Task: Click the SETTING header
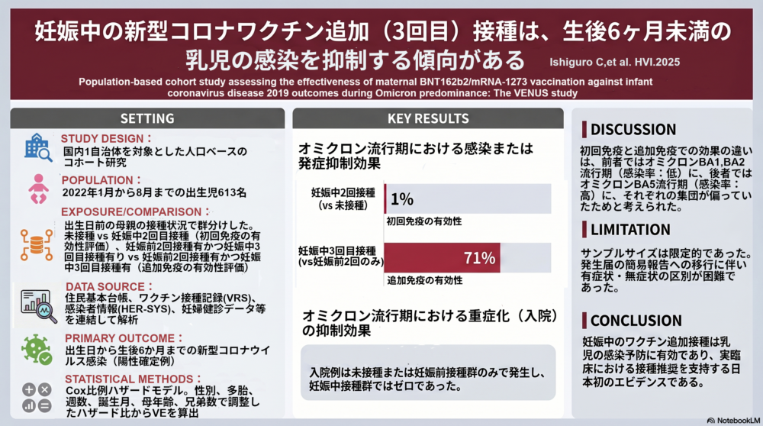pos(147,118)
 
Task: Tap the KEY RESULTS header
pos(428,118)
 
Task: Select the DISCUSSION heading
pos(633,130)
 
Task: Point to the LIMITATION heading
pos(630,229)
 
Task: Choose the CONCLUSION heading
pos(636,321)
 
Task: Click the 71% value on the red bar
pos(479,257)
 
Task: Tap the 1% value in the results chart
pos(402,198)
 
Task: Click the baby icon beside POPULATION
pos(38,189)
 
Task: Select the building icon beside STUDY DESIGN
pos(38,147)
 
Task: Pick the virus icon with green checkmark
pos(37,350)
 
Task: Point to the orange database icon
pos(37,245)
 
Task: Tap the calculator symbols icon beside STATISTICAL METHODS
pos(37,397)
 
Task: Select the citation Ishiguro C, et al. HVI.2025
pos(614,63)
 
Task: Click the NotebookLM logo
pos(733,420)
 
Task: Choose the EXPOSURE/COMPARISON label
pos(135,211)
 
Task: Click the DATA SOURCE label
pos(109,287)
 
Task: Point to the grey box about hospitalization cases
pos(428,373)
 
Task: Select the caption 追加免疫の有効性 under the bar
pos(425,280)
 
